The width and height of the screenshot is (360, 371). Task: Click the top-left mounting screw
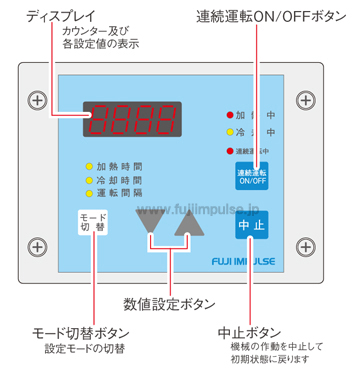click(37, 100)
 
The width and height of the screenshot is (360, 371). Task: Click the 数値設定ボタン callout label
click(173, 302)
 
